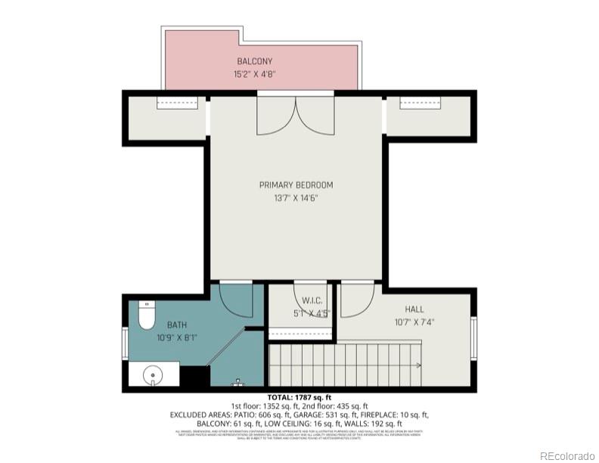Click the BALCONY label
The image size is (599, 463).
(x=254, y=61)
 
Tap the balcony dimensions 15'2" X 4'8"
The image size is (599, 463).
(x=254, y=74)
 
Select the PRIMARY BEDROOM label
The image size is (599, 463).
(x=296, y=185)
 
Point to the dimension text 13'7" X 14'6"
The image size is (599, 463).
(x=296, y=198)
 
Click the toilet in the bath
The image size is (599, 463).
(x=147, y=315)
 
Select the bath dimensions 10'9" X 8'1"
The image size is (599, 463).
(x=177, y=338)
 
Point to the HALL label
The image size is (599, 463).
(x=414, y=309)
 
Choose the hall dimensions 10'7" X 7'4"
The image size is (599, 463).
(x=414, y=321)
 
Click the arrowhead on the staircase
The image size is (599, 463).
(x=417, y=365)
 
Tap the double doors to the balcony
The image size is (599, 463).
(x=295, y=116)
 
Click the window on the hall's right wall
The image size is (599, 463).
(x=473, y=339)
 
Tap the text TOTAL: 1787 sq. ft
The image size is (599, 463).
(x=299, y=398)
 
